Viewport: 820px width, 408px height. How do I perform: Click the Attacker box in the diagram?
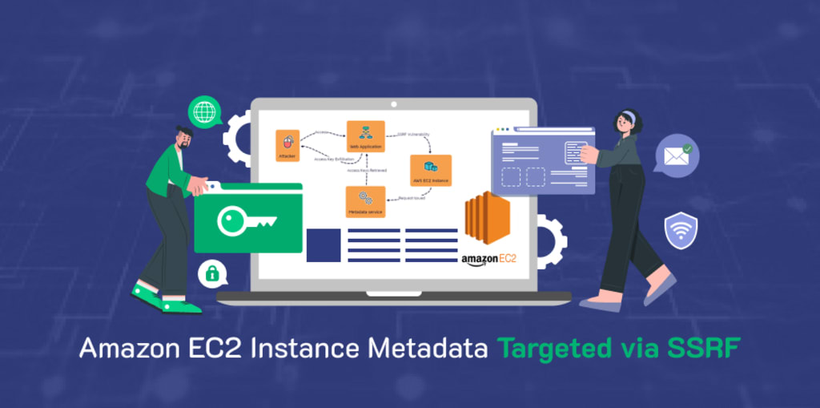(287, 145)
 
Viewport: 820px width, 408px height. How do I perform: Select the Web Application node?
(365, 135)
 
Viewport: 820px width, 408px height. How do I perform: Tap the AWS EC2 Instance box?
(431, 170)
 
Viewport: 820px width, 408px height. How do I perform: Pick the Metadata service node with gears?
(365, 201)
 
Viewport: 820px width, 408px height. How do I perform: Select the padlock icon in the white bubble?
(212, 274)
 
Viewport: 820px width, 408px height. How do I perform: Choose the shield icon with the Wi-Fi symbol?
(681, 229)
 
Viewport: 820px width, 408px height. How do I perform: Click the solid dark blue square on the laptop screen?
(324, 245)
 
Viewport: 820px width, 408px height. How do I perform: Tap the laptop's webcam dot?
(393, 104)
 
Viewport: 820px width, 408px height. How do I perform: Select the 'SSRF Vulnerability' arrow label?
(414, 133)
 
